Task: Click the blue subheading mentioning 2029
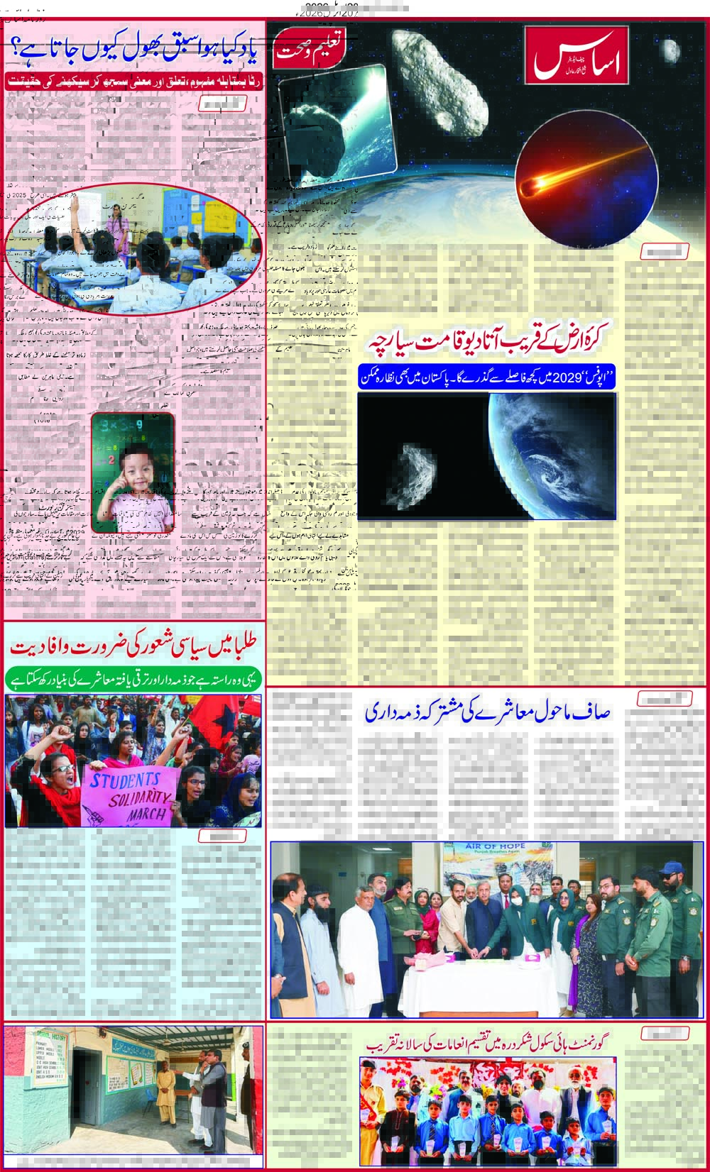487,378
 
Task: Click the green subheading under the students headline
133,677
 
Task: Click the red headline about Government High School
487,1045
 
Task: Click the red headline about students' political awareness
133,647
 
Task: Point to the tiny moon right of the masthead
671,50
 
